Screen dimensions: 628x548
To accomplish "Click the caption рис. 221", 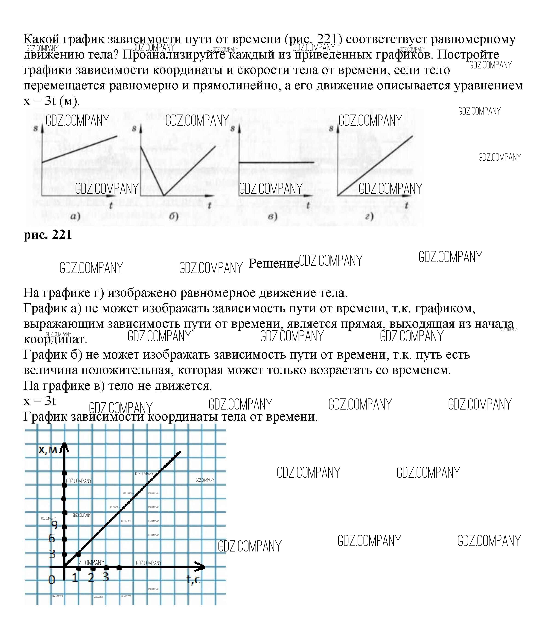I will click(48, 235).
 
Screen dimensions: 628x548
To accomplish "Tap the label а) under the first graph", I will click(75, 217).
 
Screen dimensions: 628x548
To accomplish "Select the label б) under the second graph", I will click(174, 217).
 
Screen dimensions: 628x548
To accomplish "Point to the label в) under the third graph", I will click(272, 217).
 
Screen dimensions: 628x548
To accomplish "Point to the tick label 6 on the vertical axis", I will click(52, 538).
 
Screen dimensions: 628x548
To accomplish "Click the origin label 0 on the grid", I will click(52, 579).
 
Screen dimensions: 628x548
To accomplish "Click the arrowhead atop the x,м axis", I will click(64, 446).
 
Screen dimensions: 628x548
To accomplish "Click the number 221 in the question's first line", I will click(327, 39).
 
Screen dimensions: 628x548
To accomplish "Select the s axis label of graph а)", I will click(35, 129).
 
